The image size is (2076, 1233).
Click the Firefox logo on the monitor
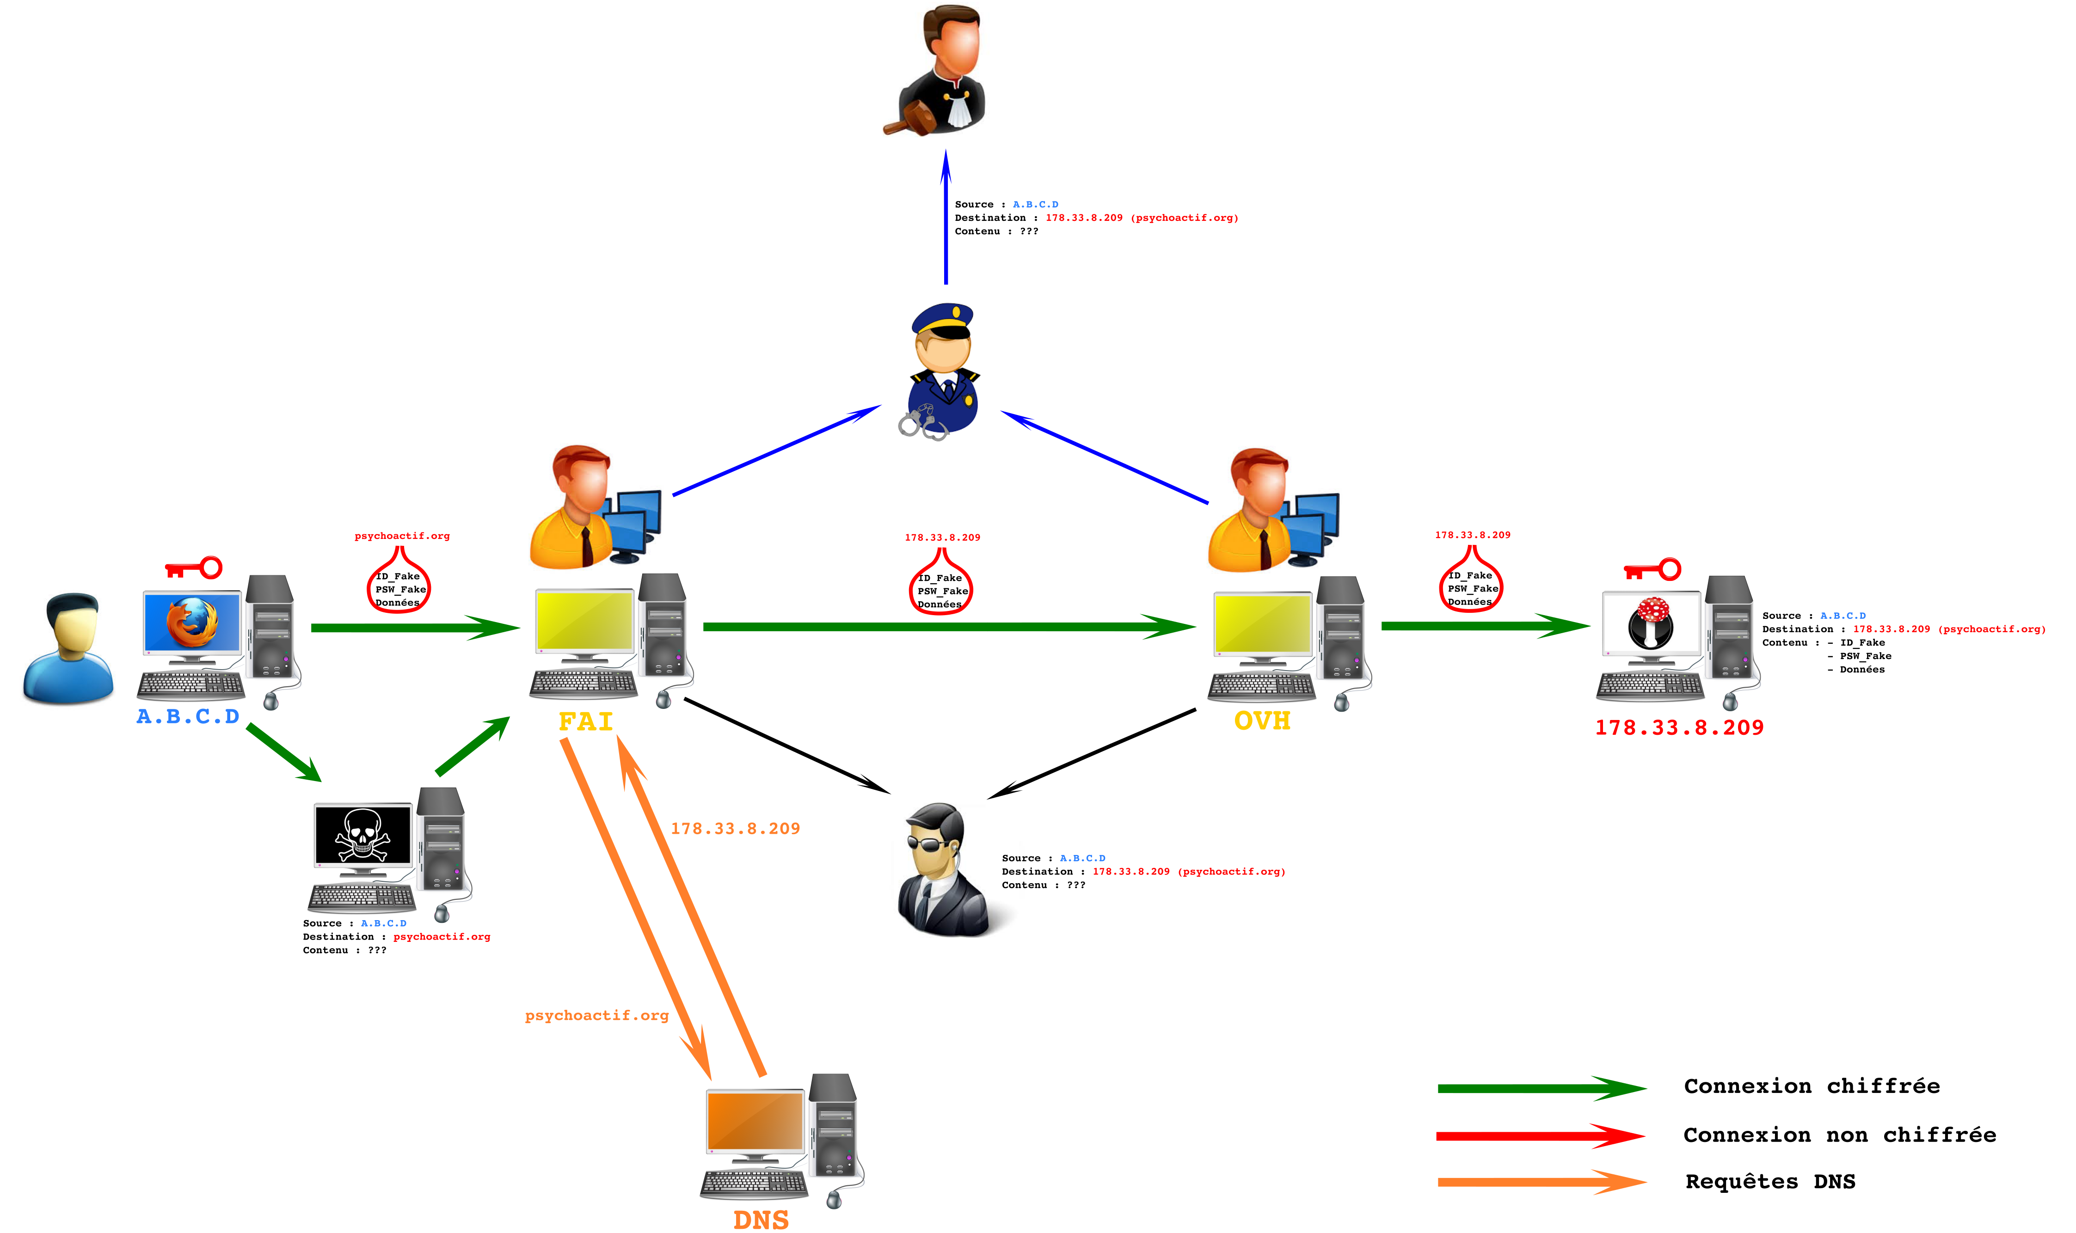click(192, 623)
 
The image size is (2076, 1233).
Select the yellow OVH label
click(1262, 720)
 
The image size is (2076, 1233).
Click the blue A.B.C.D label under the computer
click(188, 716)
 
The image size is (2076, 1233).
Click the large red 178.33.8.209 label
click(1679, 728)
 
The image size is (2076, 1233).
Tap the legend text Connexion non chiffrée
click(1839, 1135)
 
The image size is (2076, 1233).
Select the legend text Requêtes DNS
click(1770, 1182)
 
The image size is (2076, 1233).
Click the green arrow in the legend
click(1542, 1088)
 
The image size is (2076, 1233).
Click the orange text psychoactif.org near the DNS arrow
click(597, 1015)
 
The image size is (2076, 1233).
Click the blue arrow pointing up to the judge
click(946, 217)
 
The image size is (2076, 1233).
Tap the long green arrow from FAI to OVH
click(949, 627)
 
